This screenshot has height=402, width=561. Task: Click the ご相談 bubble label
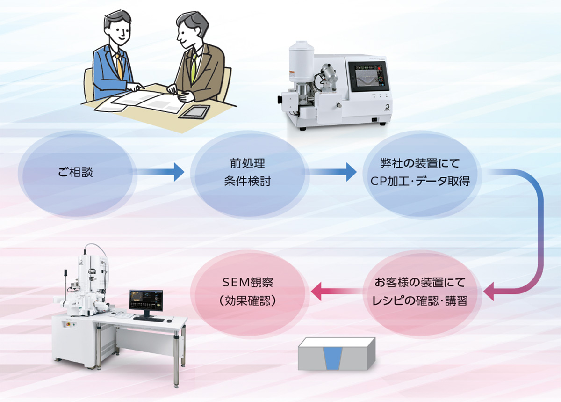(x=76, y=172)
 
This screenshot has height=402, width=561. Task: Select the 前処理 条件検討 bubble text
(x=247, y=172)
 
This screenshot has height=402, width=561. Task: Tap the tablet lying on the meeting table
(x=194, y=111)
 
